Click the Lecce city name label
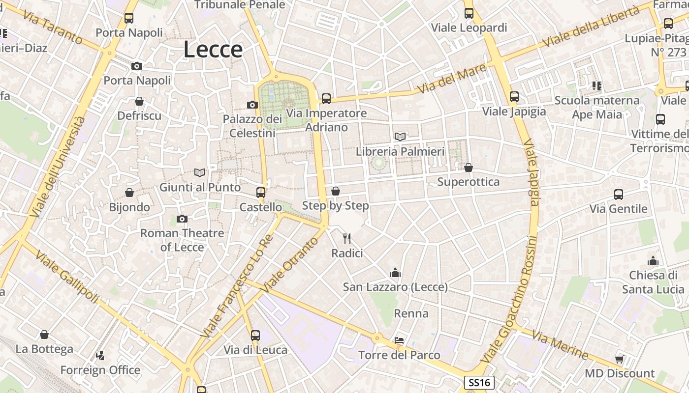213,50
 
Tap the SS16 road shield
479,383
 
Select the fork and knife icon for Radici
347,239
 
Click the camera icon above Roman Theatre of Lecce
182,219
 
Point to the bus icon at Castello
261,192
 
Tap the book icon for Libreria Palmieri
400,137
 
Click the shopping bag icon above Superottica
469,168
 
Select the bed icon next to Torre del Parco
399,340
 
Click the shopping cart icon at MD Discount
620,359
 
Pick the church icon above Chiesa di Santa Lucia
653,260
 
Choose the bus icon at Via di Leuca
255,335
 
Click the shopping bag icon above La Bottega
44,335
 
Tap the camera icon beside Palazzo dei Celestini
252,105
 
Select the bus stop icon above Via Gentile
619,194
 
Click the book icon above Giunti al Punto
200,172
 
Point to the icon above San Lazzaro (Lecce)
395,273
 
